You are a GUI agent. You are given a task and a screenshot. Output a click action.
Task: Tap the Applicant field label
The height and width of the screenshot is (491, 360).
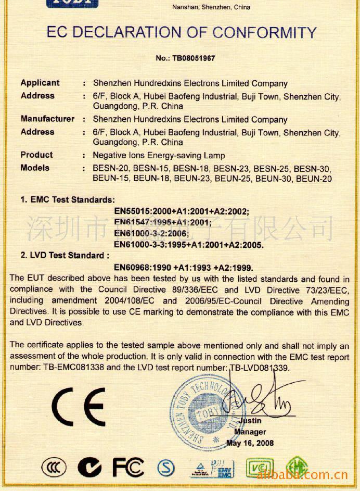click(x=40, y=83)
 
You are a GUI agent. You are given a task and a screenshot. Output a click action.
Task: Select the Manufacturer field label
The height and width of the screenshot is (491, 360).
click(x=47, y=119)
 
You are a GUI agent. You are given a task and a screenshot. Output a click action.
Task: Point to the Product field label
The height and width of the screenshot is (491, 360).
click(x=36, y=155)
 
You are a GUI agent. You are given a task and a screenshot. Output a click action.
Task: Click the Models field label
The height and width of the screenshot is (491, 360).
click(x=35, y=168)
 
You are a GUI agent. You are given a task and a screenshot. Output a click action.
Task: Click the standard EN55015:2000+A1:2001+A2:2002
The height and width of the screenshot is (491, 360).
click(x=182, y=211)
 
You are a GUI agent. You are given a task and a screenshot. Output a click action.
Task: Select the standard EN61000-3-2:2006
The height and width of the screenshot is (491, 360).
click(x=151, y=233)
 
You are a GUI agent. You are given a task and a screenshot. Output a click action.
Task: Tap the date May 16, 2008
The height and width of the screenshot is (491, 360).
click(x=250, y=443)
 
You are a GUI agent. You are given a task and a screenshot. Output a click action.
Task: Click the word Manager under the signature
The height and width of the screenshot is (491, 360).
click(x=250, y=432)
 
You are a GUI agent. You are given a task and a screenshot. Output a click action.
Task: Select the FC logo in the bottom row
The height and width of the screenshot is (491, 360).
click(x=128, y=467)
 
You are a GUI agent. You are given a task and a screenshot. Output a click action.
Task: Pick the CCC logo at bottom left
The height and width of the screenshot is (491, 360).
click(x=54, y=468)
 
